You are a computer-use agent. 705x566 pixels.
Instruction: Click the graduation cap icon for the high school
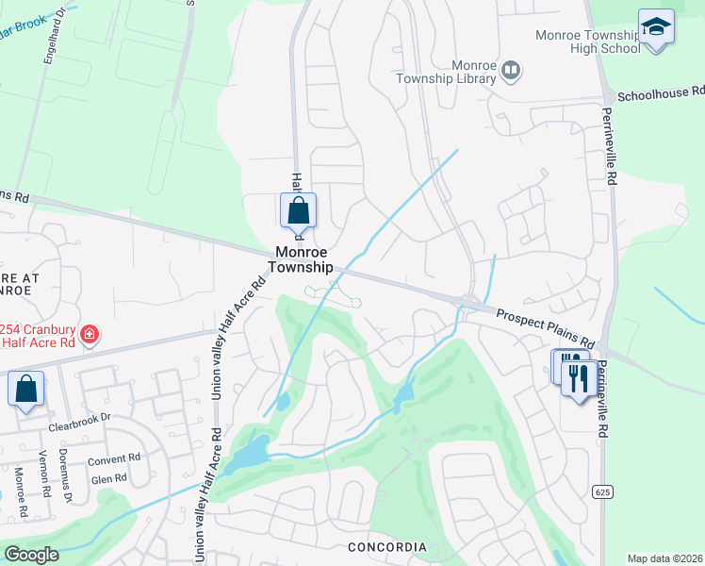[x=656, y=26]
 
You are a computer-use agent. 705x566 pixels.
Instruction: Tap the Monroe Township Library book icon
[x=512, y=69]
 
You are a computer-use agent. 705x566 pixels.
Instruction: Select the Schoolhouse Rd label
[x=660, y=94]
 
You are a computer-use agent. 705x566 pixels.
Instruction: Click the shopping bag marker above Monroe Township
[x=298, y=211]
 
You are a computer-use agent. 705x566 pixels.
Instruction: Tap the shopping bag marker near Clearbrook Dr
[x=26, y=389]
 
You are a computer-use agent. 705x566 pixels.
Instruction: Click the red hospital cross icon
[x=90, y=334]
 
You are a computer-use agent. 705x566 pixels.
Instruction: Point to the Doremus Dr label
[x=66, y=482]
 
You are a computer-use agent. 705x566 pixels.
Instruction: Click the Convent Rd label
[x=113, y=461]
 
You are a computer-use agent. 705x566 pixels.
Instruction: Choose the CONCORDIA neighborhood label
[x=386, y=547]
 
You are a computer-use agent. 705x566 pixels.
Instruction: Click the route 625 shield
[x=600, y=491]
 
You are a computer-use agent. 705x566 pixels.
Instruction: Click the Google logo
[x=31, y=555]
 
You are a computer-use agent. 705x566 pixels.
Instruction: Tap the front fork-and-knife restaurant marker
[x=575, y=378]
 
